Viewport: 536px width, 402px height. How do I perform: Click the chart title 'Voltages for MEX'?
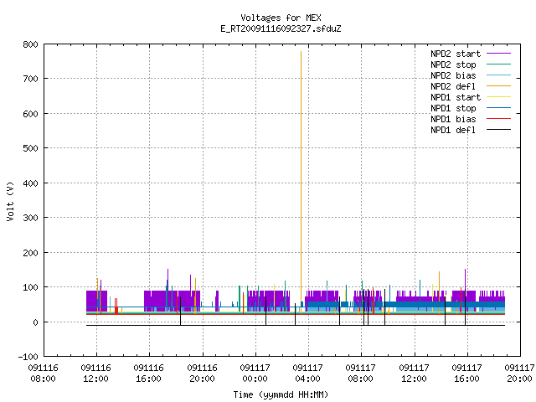click(281, 18)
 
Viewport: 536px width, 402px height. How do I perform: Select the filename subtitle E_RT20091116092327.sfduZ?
click(281, 28)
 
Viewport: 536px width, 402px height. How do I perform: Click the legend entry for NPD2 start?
click(471, 54)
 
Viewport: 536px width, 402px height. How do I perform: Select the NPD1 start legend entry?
click(471, 97)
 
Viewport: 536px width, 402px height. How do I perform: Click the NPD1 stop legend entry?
click(471, 108)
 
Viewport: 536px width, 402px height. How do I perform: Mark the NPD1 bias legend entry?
click(471, 119)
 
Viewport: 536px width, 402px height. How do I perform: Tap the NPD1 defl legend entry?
click(471, 130)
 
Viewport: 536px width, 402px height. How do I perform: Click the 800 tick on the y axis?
click(30, 44)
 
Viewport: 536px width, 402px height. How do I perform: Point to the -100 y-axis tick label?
click(28, 357)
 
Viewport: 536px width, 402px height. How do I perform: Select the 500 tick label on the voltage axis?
click(30, 148)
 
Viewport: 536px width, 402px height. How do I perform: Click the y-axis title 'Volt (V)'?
click(10, 201)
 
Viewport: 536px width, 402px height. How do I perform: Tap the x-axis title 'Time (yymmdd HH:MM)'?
click(281, 394)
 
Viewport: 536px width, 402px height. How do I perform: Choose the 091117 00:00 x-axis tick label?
click(255, 374)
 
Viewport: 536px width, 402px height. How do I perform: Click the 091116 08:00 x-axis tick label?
click(43, 374)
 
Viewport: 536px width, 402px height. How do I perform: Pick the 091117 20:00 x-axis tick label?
click(519, 374)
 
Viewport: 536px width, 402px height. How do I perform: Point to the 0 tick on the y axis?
click(35, 322)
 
